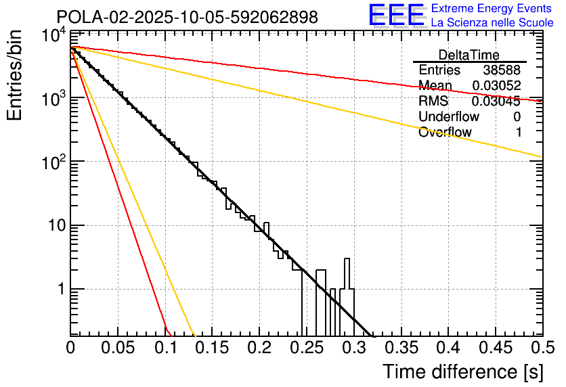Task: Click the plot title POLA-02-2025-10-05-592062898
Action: [x=187, y=17]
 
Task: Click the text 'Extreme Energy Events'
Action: [x=492, y=9]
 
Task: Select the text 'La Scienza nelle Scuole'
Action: [x=492, y=22]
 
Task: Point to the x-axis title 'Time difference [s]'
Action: [x=462, y=371]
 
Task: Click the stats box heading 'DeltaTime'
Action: [x=469, y=55]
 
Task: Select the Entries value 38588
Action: [x=502, y=70]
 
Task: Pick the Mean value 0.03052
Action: [x=496, y=86]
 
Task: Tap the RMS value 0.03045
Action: [x=496, y=101]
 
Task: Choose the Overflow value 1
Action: [x=518, y=133]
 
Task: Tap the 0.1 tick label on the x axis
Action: [x=165, y=348]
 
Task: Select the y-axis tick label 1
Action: [x=60, y=289]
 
